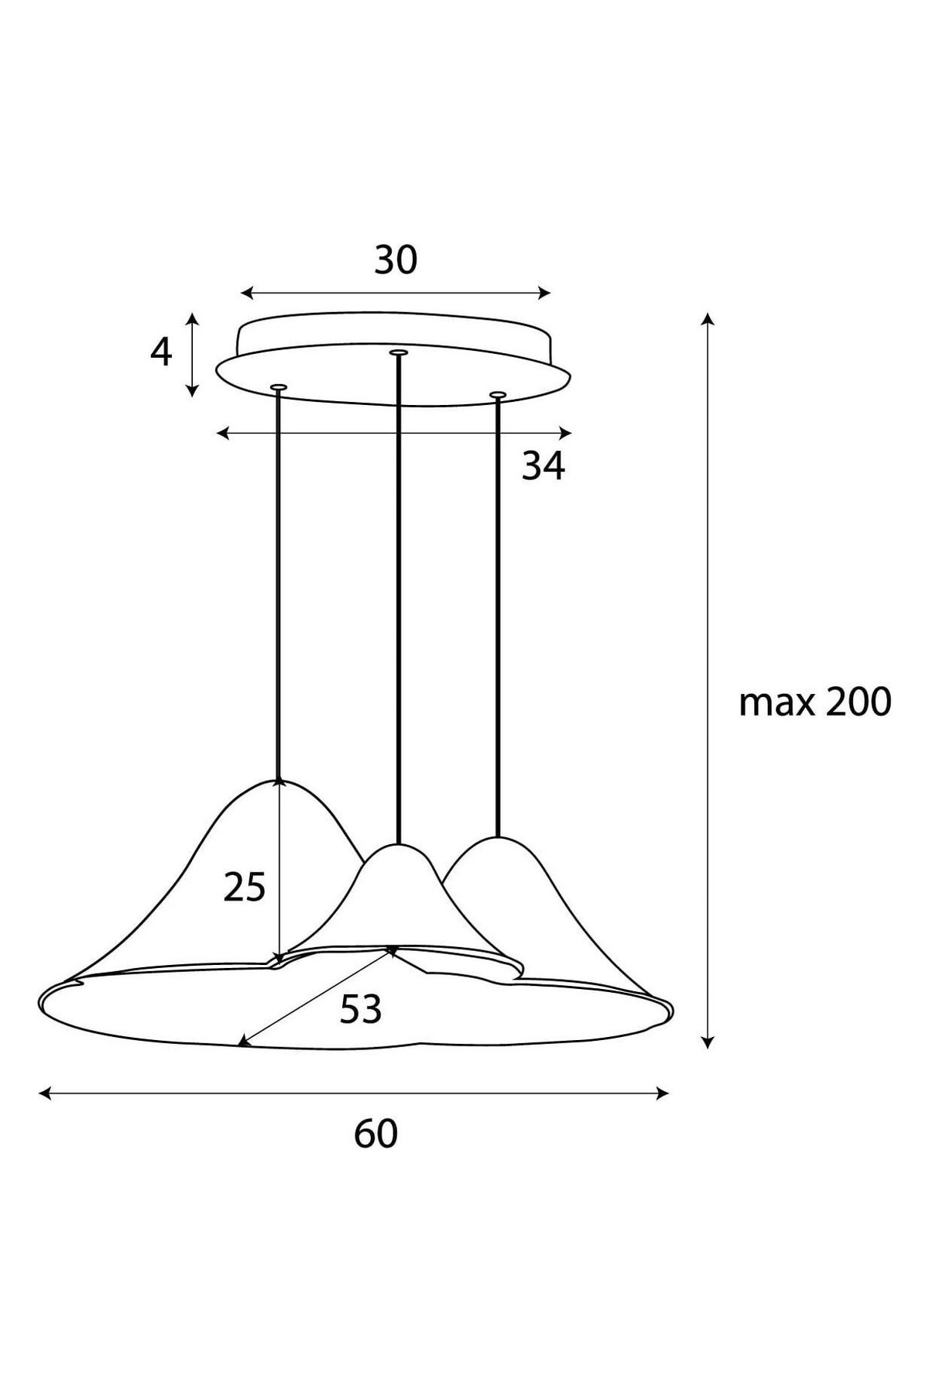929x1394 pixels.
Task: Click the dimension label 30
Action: click(x=396, y=260)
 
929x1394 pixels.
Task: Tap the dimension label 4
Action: click(x=160, y=353)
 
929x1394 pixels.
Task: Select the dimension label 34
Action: click(x=543, y=465)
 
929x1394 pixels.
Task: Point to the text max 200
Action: click(x=815, y=702)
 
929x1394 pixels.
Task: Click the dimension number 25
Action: click(x=245, y=887)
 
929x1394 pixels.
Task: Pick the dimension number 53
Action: click(x=361, y=1009)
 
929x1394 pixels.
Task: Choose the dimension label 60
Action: click(x=376, y=1135)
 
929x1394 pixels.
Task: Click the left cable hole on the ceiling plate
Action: click(x=279, y=386)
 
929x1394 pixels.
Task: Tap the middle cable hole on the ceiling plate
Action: click(x=399, y=353)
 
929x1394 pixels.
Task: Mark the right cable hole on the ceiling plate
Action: click(x=498, y=396)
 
